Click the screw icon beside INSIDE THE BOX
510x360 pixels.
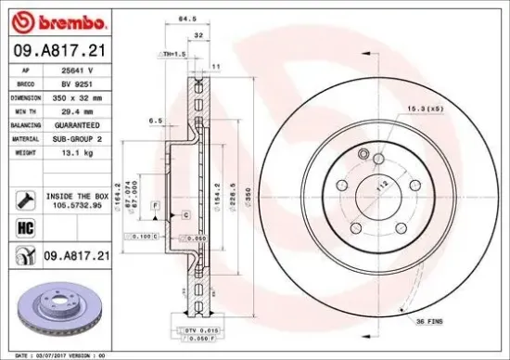point(25,198)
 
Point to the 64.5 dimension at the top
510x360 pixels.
point(189,18)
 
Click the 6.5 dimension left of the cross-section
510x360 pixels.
point(157,121)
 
